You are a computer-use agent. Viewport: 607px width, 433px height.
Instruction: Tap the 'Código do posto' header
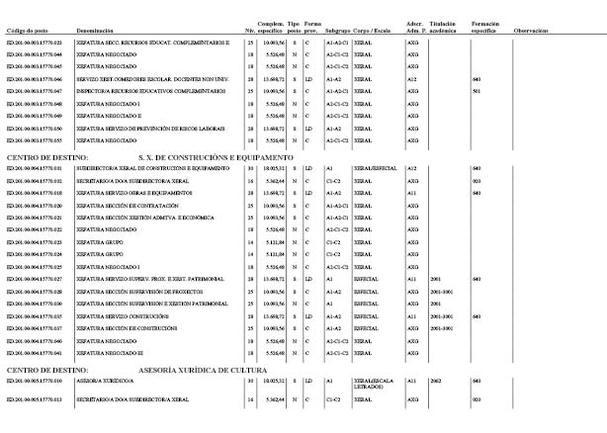(x=29, y=31)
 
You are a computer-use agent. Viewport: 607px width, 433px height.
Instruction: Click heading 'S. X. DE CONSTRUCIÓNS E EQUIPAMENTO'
(x=217, y=157)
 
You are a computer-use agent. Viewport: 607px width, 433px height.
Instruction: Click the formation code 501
(x=477, y=90)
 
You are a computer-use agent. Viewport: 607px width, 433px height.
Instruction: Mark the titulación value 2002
(x=436, y=380)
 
